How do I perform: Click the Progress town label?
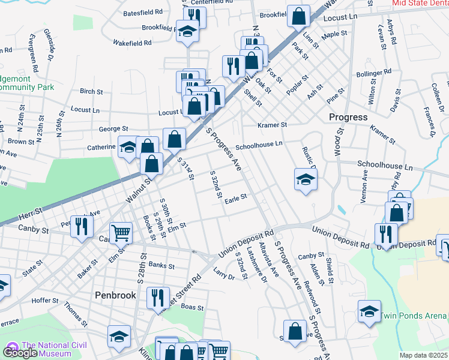coord(348,117)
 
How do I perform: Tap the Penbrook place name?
coord(116,295)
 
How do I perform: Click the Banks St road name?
coord(161,265)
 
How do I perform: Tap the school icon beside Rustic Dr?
coord(306,179)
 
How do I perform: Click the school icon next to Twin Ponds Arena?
coord(369,311)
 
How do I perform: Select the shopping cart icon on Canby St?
coord(121,233)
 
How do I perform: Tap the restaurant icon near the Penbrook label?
coord(157,298)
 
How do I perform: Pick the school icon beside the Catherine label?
coord(128,148)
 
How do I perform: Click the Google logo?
coord(20,353)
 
